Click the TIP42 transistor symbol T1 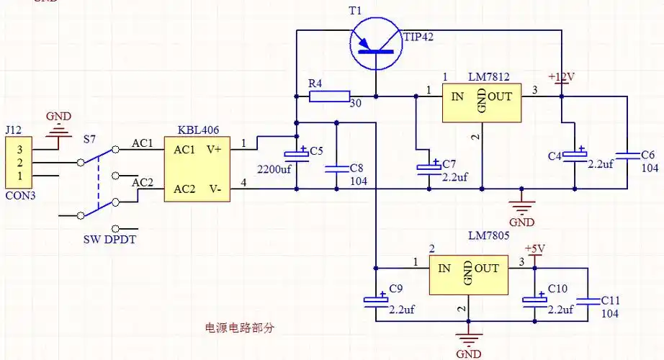375,44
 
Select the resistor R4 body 329,96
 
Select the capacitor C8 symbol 336,168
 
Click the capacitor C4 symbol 574,156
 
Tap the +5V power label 534,249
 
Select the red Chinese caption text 240,327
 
